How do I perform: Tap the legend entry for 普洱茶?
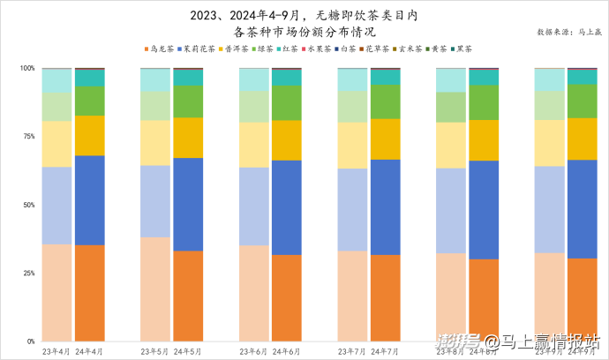234,49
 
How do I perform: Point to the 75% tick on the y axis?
28,137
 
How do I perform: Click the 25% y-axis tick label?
28,274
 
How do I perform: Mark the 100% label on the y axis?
26,69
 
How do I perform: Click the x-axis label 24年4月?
90,351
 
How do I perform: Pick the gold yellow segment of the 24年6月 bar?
287,140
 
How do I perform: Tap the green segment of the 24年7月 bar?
385,101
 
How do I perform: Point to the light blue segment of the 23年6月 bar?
254,206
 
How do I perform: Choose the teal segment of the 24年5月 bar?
188,78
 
